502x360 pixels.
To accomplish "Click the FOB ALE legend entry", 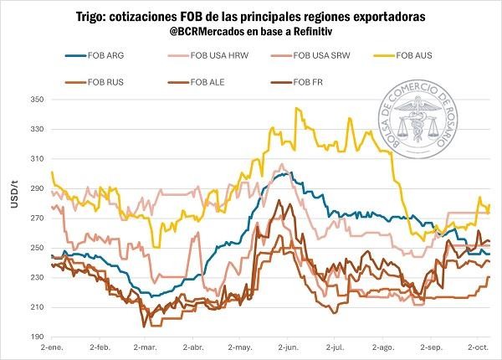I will click(207, 81).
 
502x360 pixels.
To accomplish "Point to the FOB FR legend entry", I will click(309, 81).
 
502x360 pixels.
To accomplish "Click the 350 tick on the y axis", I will click(34, 100).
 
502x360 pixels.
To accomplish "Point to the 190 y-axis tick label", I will click(34, 337).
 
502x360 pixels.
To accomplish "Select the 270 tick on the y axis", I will click(34, 219).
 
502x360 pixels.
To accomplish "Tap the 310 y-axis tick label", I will click(34, 159).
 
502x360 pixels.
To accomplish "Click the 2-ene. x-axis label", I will click(53, 346).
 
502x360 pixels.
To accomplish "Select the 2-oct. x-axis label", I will click(479, 346).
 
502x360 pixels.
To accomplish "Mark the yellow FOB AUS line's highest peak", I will click(296, 108).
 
